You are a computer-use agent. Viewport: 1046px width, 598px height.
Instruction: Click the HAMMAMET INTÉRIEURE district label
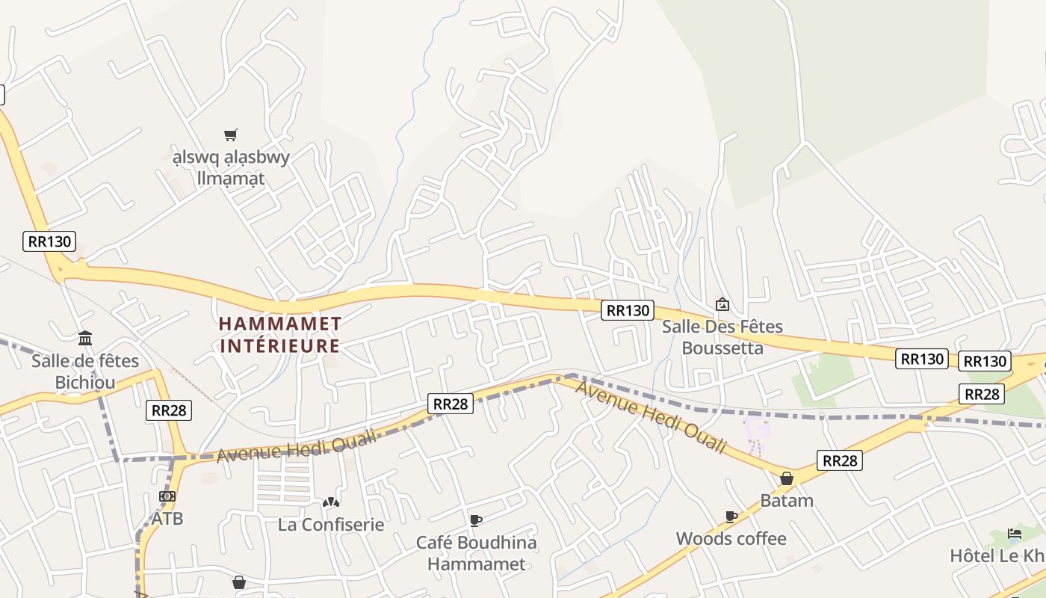(280, 335)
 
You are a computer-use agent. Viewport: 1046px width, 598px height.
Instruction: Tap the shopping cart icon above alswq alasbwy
(230, 135)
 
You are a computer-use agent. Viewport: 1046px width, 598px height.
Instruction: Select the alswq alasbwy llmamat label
(220, 168)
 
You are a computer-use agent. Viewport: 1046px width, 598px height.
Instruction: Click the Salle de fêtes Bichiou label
(85, 372)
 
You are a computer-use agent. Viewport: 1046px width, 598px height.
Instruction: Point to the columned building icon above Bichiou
(85, 339)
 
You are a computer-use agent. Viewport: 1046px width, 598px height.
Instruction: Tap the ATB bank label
(167, 518)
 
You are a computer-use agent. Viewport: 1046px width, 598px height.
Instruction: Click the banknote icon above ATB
(167, 496)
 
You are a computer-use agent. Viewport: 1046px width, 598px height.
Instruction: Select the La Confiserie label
(331, 525)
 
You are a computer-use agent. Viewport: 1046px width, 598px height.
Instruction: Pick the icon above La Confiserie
(331, 502)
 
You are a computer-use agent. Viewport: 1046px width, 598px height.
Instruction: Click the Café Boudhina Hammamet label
(476, 553)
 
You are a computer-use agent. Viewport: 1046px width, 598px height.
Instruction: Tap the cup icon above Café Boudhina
(475, 520)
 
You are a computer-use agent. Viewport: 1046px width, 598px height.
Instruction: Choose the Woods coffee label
(731, 539)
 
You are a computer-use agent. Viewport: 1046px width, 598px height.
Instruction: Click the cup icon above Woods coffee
(731, 517)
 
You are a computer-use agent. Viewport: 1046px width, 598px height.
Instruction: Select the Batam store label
(787, 500)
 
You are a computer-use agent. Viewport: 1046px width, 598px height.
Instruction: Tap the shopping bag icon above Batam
(787, 478)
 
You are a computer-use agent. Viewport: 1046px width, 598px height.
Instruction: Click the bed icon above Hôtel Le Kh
(1015, 534)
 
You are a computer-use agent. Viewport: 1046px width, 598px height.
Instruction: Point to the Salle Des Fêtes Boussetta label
(722, 337)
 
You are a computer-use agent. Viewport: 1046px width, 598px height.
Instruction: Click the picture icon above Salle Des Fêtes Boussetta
(722, 304)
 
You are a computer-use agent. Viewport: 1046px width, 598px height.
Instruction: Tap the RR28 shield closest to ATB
(169, 410)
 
